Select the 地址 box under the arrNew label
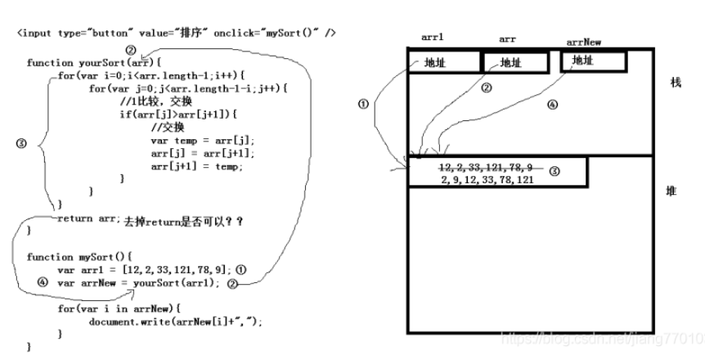tap(594, 61)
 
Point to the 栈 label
tap(675, 84)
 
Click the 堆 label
tap(672, 191)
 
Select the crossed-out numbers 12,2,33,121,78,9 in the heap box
tap(486, 168)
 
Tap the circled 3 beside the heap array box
tap(554, 172)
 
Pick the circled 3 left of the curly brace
tap(22, 142)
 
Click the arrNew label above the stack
tap(583, 42)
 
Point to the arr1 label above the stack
tap(432, 38)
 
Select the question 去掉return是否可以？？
tap(183, 221)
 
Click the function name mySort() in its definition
tap(91, 256)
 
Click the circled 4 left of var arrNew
tap(43, 281)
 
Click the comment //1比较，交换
tap(155, 101)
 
